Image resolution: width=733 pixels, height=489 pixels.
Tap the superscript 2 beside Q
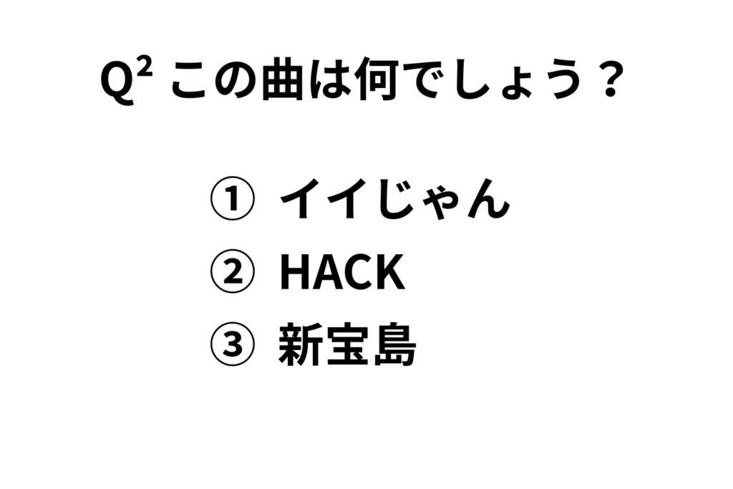point(145,70)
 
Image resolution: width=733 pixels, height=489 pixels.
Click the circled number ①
point(233,198)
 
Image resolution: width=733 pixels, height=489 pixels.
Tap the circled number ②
point(233,271)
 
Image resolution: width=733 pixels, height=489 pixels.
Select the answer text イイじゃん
point(394,199)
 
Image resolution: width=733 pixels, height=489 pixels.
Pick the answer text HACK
point(342,271)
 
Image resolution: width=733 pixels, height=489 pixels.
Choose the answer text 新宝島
point(347,344)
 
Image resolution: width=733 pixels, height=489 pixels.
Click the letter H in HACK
point(294,271)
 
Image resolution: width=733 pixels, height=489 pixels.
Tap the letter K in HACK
point(390,271)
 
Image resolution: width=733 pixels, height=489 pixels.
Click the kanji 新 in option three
point(300,344)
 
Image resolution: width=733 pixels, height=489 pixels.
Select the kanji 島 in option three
point(395,344)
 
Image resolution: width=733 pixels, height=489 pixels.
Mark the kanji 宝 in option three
point(347,344)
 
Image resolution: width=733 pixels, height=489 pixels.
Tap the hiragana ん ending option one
point(488,200)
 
